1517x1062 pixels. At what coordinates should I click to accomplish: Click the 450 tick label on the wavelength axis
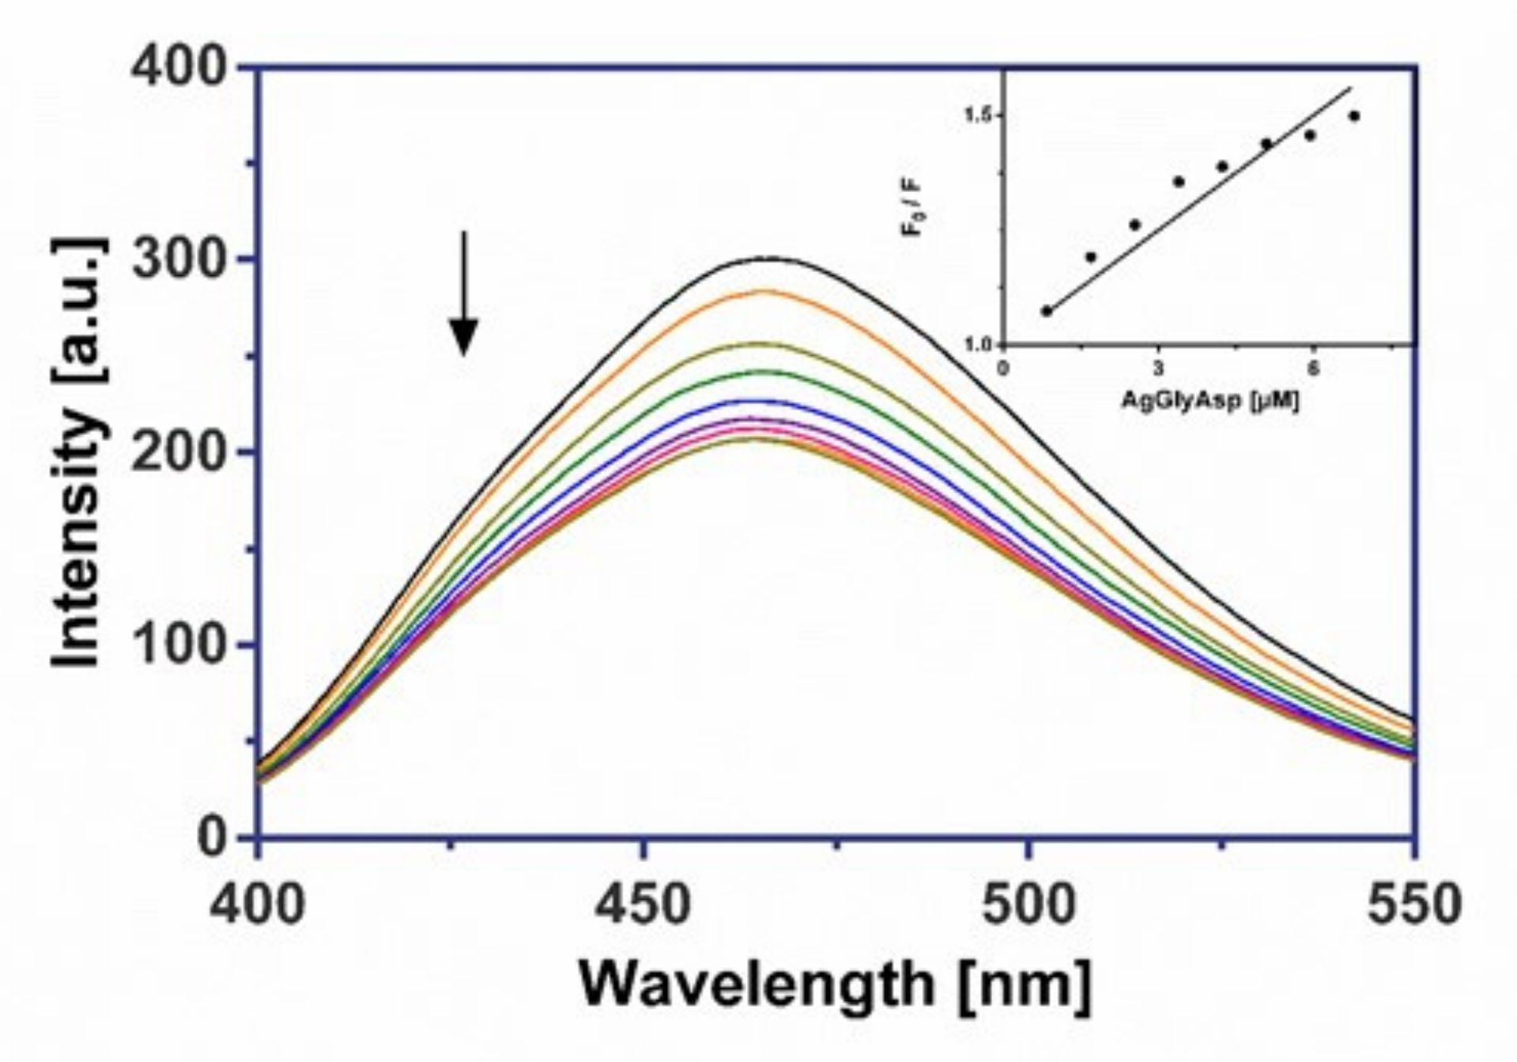click(x=642, y=904)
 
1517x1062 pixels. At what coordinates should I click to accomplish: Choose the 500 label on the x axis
click(x=1028, y=904)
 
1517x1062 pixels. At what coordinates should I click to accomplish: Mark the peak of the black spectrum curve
click(x=765, y=258)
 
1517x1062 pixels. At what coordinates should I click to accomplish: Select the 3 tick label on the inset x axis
click(x=1158, y=368)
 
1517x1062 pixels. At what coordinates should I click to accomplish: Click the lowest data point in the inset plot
click(x=1047, y=311)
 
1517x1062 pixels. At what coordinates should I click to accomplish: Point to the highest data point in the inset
click(x=1354, y=115)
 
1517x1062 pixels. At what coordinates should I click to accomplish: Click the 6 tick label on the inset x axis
click(x=1313, y=368)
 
